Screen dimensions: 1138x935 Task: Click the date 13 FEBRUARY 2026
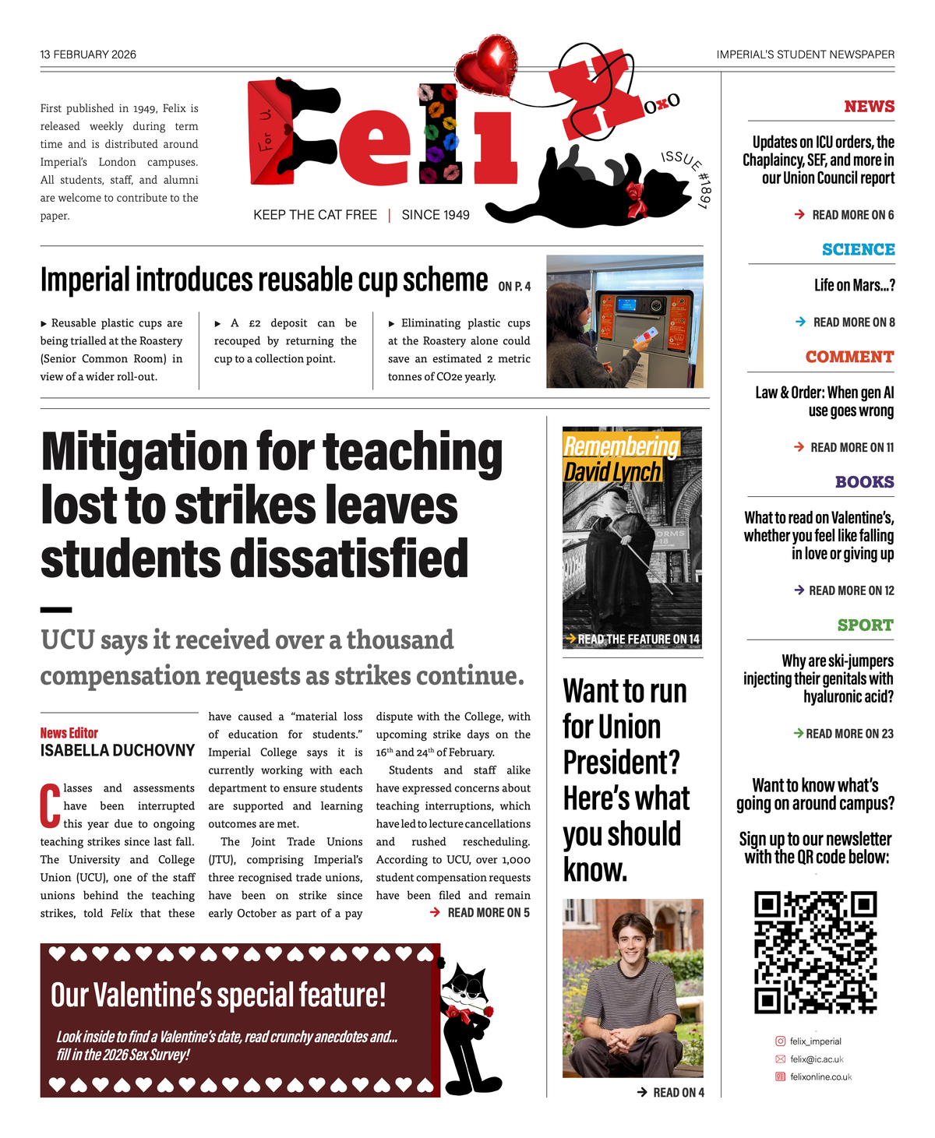(88, 55)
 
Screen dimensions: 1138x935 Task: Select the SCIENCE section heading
(858, 249)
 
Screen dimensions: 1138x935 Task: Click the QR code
(815, 952)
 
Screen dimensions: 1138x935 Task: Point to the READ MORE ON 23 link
(843, 734)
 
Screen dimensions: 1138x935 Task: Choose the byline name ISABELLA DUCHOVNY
(118, 751)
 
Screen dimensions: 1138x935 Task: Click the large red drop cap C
(50, 806)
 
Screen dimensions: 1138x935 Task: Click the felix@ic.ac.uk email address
(817, 1059)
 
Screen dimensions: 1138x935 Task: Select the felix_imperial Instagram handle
(815, 1041)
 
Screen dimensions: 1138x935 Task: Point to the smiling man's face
(631, 941)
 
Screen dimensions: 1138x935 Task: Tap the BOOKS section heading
(864, 482)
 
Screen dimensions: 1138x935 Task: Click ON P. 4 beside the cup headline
(514, 287)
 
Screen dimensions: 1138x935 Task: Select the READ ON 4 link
(671, 1093)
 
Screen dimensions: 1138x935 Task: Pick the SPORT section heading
(865, 625)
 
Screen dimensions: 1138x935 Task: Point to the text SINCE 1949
(436, 215)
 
